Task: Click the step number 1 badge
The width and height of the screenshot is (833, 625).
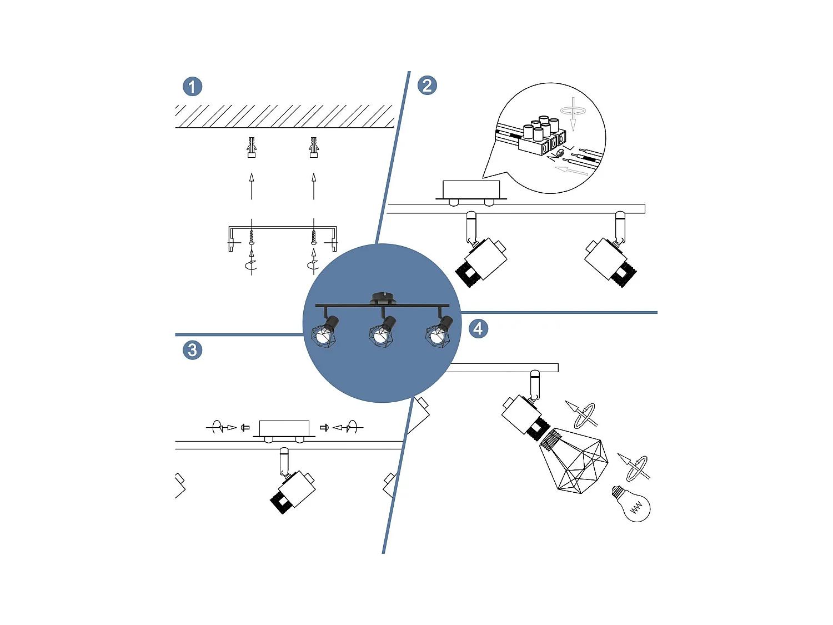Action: point(192,87)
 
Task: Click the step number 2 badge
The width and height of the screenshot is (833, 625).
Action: point(427,86)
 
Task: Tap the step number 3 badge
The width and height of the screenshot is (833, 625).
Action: point(192,350)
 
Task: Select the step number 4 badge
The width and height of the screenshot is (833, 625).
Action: point(478,329)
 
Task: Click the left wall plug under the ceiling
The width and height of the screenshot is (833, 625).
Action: point(251,147)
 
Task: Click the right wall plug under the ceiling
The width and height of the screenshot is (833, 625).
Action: point(313,147)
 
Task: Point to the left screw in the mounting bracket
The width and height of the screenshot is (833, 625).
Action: point(251,237)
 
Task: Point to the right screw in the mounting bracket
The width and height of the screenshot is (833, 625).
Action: point(313,237)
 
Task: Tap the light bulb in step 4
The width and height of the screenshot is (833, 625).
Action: point(631,504)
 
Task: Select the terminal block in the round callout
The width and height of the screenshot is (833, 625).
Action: point(543,136)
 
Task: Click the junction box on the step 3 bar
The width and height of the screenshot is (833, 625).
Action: point(284,428)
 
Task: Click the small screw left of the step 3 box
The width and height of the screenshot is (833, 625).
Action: point(245,428)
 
